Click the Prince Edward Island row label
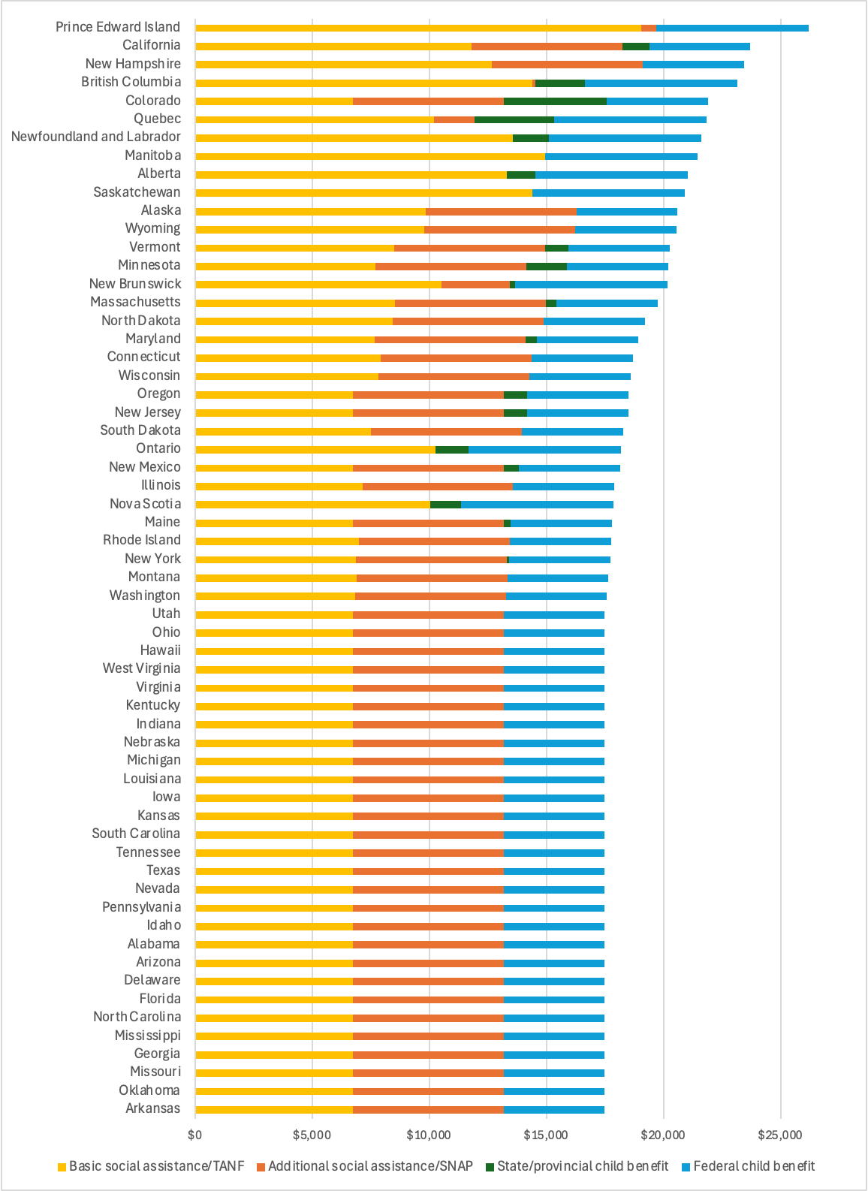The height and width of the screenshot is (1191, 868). [x=118, y=27]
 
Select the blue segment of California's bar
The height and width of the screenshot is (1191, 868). [x=699, y=47]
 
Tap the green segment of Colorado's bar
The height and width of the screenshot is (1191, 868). [x=555, y=101]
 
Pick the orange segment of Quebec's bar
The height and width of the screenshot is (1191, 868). [x=454, y=119]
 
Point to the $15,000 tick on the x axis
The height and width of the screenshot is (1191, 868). [x=546, y=1135]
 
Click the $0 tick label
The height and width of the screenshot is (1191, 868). [x=195, y=1135]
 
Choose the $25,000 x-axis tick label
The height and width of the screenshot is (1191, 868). [x=780, y=1135]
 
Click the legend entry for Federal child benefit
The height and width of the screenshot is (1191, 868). [x=753, y=1166]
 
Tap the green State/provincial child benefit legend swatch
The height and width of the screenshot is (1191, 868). [x=490, y=1167]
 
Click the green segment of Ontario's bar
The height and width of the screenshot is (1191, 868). [x=452, y=450]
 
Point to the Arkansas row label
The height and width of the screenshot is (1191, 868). [x=153, y=1108]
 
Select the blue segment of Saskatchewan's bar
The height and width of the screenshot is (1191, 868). [x=608, y=193]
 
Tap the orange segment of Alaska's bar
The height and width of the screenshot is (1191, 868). [x=501, y=212]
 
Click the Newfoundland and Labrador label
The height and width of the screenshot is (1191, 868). [x=96, y=137]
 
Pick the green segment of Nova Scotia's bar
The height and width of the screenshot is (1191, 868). [x=445, y=505]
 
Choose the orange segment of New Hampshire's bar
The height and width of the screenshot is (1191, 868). [x=567, y=65]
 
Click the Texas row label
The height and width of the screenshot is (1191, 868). [x=164, y=870]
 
